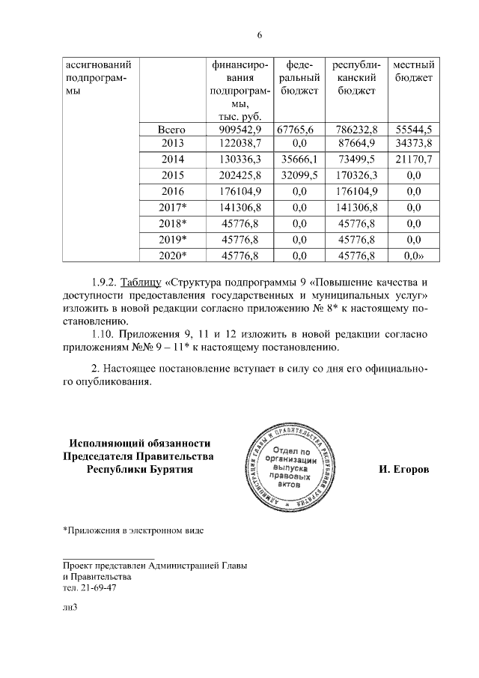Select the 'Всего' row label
pyautogui.click(x=172, y=130)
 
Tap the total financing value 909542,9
pyautogui.click(x=241, y=130)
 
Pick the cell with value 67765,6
pyautogui.click(x=299, y=130)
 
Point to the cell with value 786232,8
pyautogui.click(x=356, y=130)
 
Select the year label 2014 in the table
pyautogui.click(x=172, y=160)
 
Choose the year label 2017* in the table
pyautogui.click(x=172, y=208)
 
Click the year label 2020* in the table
pyautogui.click(x=172, y=256)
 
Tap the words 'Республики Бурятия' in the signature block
pyautogui.click(x=139, y=470)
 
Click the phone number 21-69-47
pyautogui.click(x=97, y=588)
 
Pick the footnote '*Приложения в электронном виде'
pyautogui.click(x=133, y=531)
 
